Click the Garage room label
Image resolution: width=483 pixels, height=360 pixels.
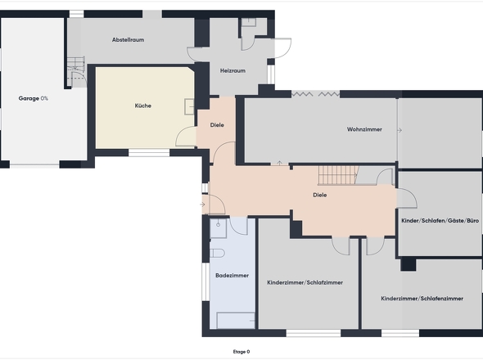[x=29, y=98]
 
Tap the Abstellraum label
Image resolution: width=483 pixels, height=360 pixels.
[x=129, y=40]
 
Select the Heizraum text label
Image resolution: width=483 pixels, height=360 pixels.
[x=232, y=71]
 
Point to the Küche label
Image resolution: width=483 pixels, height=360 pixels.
[x=143, y=106]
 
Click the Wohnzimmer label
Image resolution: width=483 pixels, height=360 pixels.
[x=364, y=129]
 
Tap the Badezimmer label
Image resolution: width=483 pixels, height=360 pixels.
[x=232, y=275]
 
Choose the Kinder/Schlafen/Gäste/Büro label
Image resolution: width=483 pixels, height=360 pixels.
[x=440, y=220]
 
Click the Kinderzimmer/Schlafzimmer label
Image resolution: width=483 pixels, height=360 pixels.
[x=305, y=282]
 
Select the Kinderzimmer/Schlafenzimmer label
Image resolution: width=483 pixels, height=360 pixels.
[x=422, y=299]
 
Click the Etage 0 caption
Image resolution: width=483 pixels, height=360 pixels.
[x=241, y=352]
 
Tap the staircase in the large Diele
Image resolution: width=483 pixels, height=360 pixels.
[x=338, y=175]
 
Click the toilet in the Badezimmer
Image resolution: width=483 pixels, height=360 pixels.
[x=218, y=253]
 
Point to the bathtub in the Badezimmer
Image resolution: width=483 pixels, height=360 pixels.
[x=236, y=321]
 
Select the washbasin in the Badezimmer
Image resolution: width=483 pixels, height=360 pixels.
[x=218, y=228]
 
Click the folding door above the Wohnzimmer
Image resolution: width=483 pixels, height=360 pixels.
[x=316, y=94]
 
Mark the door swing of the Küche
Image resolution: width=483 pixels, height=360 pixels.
[x=186, y=136]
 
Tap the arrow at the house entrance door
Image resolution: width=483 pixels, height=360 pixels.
[x=202, y=205]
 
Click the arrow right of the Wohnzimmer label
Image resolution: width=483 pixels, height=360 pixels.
[x=399, y=130]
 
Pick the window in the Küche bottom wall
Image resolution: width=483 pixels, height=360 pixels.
[x=149, y=153]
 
